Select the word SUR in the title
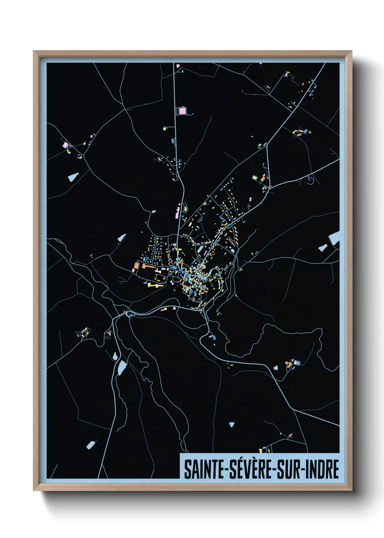point(289,470)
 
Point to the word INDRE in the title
point(323,470)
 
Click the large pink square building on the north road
point(182,111)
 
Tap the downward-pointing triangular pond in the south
point(232,424)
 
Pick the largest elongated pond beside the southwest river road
point(122,368)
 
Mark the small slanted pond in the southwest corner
point(90,444)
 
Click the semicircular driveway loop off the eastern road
point(310,180)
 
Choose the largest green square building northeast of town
point(255,177)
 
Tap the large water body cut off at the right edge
point(335,238)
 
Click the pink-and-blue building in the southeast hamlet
point(298,362)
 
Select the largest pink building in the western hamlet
point(65,145)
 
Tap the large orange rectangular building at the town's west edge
point(136,266)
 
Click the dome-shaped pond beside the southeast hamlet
point(276,368)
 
